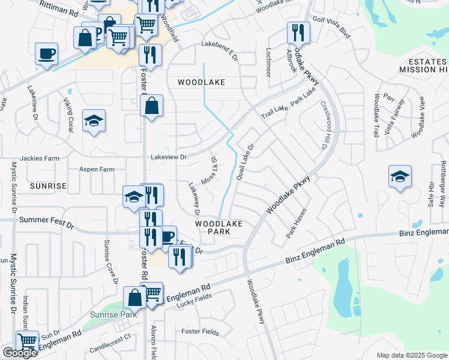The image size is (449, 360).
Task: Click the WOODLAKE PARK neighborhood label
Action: tap(218, 227)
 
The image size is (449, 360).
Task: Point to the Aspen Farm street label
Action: tap(97, 170)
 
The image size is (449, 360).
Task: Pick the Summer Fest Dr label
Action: tap(46, 220)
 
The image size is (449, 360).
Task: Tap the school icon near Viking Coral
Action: tap(94, 121)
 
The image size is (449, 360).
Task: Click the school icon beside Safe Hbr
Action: tap(400, 176)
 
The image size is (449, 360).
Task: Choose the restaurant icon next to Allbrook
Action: tap(298, 32)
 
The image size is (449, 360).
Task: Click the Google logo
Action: tap(20, 353)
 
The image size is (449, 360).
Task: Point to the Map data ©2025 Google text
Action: tap(411, 355)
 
